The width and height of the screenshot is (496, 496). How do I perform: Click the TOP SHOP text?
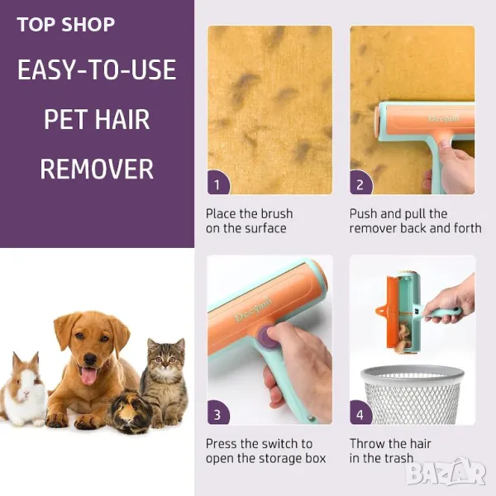click(66, 24)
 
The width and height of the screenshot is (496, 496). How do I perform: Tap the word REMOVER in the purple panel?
click(97, 169)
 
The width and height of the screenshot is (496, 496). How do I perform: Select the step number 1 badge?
click(217, 184)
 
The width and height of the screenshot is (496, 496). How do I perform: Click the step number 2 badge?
click(360, 184)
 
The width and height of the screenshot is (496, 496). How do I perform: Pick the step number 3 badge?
click(217, 413)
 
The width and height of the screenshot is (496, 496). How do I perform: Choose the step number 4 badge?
click(360, 413)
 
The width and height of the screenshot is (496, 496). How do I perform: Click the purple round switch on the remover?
click(265, 336)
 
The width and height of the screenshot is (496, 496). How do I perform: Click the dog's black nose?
click(90, 359)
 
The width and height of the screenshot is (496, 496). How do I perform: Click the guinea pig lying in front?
click(131, 411)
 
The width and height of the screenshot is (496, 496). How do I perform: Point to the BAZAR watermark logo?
click(446, 473)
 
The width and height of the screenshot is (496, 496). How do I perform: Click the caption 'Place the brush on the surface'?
click(250, 221)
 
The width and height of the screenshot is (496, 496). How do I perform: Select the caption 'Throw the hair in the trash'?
click(390, 451)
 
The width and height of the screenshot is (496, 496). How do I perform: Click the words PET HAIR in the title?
click(97, 120)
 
